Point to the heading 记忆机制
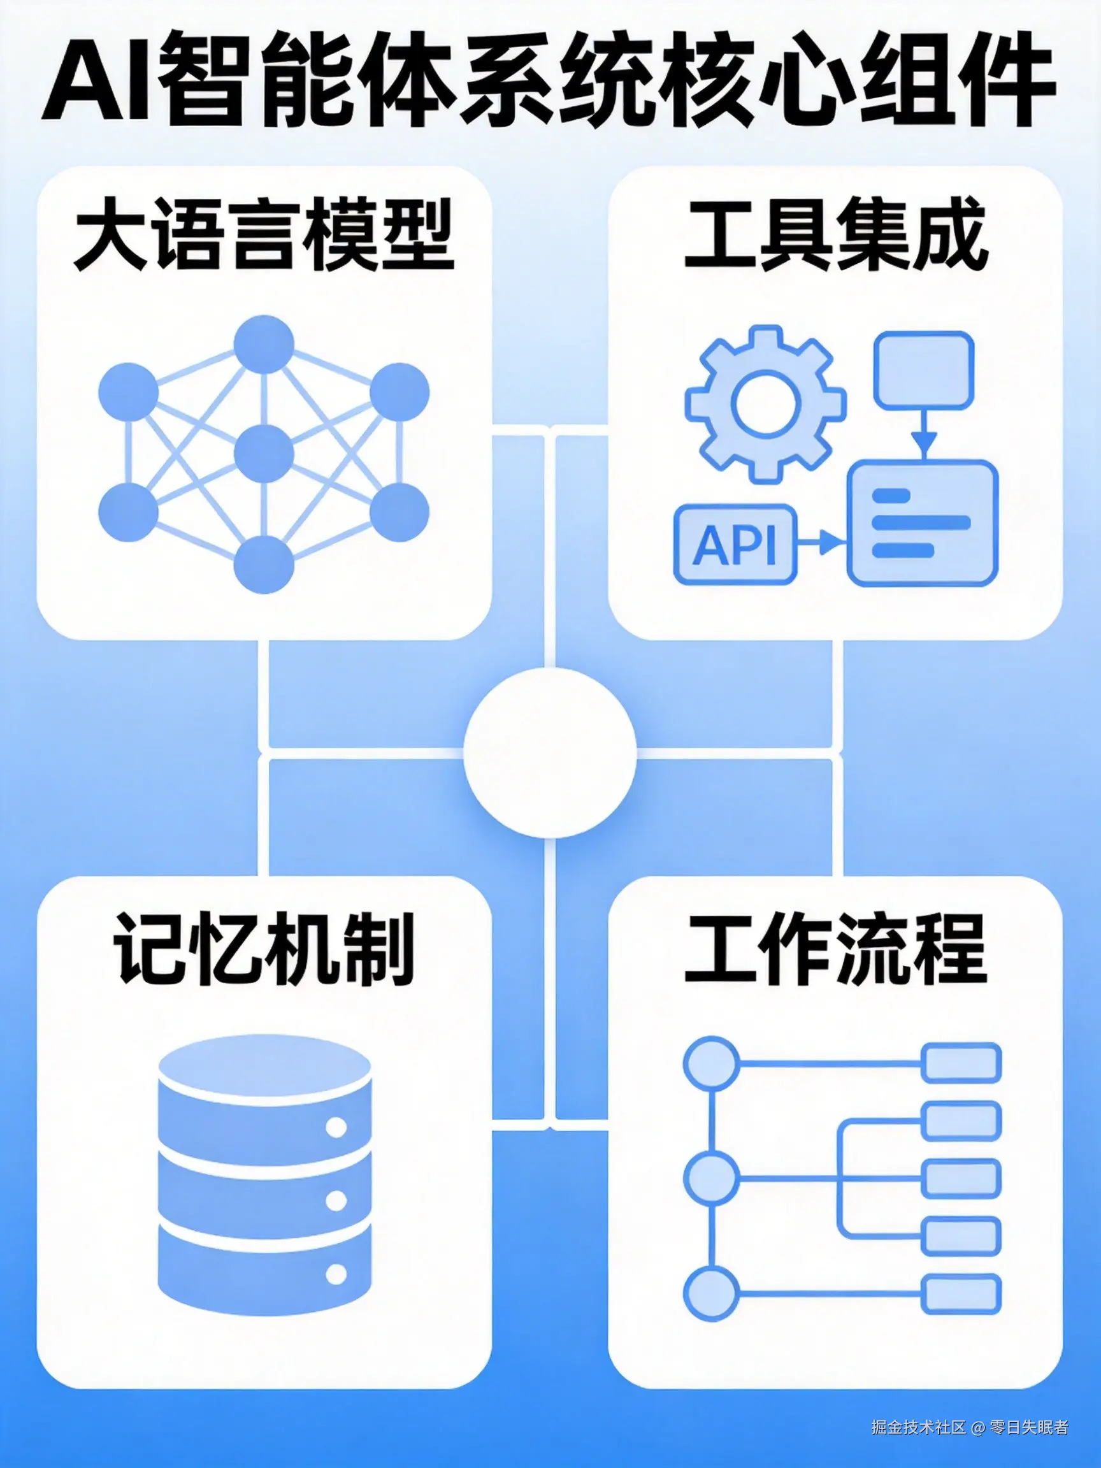click(x=264, y=950)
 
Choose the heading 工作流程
click(x=834, y=950)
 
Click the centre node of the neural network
click(x=264, y=454)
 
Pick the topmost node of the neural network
click(x=264, y=345)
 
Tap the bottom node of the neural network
click(x=264, y=564)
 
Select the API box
click(x=735, y=544)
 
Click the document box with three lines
click(x=923, y=524)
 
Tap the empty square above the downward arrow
click(x=923, y=370)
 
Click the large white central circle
click(x=549, y=752)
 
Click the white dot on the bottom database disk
click(x=336, y=1274)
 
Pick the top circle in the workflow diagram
click(x=710, y=1063)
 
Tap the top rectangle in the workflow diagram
click(x=961, y=1063)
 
